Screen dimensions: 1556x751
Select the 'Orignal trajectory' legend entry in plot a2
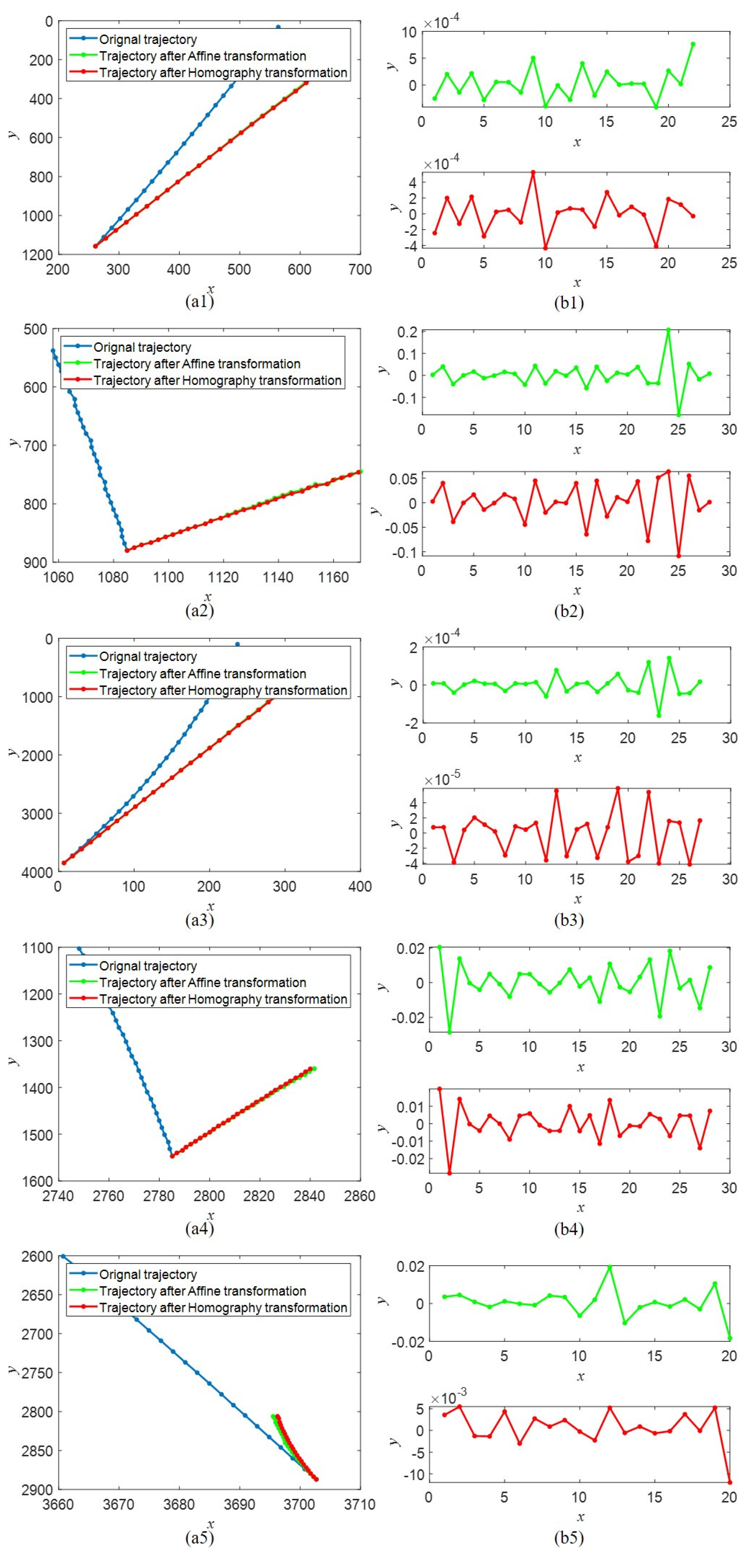tap(142, 347)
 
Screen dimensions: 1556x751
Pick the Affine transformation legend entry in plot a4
tap(202, 982)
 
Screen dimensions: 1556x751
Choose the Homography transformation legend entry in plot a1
tap(223, 72)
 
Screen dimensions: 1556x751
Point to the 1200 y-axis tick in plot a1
tap(37, 254)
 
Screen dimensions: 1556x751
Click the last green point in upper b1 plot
tap(693, 44)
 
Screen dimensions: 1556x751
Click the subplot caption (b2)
tap(569, 611)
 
